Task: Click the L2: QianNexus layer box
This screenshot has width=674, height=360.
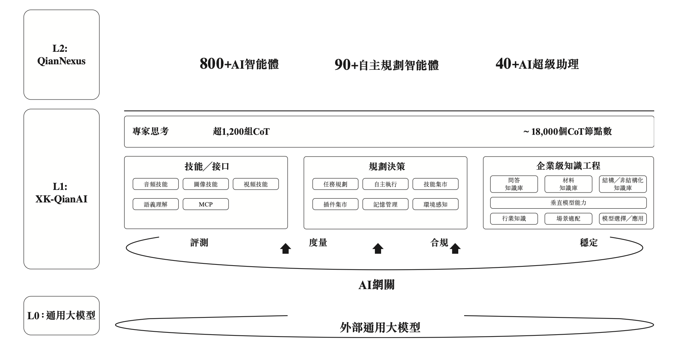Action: point(61,55)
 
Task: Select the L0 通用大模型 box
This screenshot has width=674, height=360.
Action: point(61,315)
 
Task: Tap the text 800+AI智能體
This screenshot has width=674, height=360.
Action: point(239,64)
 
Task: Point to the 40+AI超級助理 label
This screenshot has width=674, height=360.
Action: point(537,64)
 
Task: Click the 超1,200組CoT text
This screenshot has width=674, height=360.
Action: point(241,132)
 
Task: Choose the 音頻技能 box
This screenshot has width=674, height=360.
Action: point(155,184)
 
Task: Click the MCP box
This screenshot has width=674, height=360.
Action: point(205,204)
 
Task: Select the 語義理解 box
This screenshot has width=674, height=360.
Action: point(155,204)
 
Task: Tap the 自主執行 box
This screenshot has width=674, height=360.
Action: point(385,184)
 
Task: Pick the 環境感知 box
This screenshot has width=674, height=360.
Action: point(435,204)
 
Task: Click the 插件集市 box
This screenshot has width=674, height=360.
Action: point(335,204)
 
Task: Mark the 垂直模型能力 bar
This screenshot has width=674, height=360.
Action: point(568,203)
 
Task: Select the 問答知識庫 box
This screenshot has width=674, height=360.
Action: point(514,184)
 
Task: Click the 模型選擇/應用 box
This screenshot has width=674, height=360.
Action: point(623,219)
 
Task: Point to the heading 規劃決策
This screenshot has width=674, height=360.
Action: point(387,166)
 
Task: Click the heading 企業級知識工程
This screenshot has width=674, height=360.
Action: point(568,166)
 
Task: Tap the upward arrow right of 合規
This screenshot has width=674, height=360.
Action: point(455,249)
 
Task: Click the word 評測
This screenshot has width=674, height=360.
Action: point(199,242)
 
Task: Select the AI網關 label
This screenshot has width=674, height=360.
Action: point(376,285)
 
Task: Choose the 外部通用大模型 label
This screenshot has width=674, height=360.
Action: point(380,327)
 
